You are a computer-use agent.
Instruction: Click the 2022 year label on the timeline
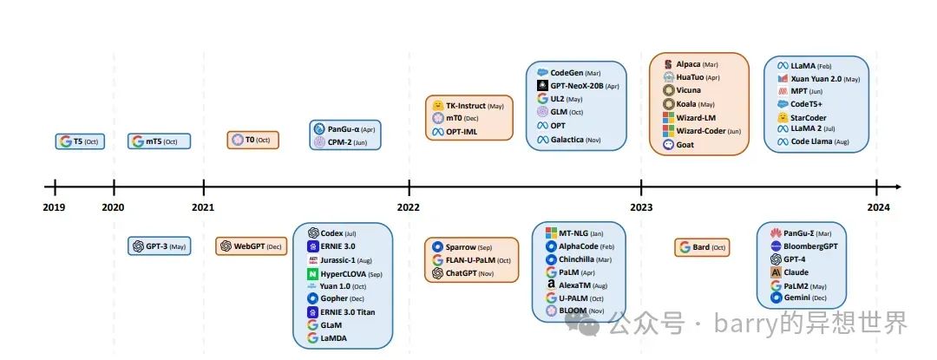coord(410,207)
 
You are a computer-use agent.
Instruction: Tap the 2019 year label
coord(55,207)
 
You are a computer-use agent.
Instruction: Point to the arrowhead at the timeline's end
coord(897,187)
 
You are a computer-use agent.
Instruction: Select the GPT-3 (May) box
coord(160,246)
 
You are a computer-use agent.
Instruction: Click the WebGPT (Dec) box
coord(251,246)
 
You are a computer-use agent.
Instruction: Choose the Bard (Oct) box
coord(702,247)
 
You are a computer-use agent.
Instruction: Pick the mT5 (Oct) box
coord(160,141)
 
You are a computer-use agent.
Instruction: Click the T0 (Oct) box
coord(252,141)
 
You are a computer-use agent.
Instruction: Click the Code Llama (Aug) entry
coord(816,141)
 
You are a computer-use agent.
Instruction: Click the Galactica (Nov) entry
coord(573,140)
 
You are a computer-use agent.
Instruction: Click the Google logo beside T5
coord(66,141)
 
